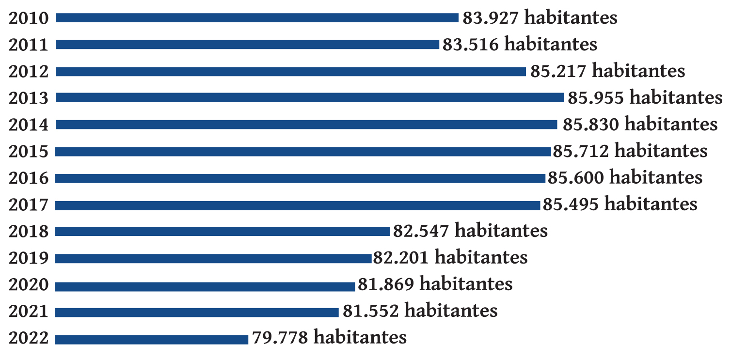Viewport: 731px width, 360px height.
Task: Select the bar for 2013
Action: click(309, 98)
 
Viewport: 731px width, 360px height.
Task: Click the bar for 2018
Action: click(222, 232)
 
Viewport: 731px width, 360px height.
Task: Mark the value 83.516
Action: click(470, 45)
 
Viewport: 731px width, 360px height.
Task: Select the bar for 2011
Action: click(247, 45)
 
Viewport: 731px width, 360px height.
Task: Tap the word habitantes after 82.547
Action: click(501, 230)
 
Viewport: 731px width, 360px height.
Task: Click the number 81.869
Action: click(386, 283)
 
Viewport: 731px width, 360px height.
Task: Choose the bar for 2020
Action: click(205, 286)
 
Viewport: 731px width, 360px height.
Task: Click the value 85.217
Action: click(558, 71)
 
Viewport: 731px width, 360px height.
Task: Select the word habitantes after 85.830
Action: click(671, 124)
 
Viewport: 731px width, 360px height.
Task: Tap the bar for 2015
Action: click(303, 152)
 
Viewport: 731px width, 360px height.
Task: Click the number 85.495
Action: click(571, 204)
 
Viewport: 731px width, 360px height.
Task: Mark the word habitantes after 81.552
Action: click(451, 310)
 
